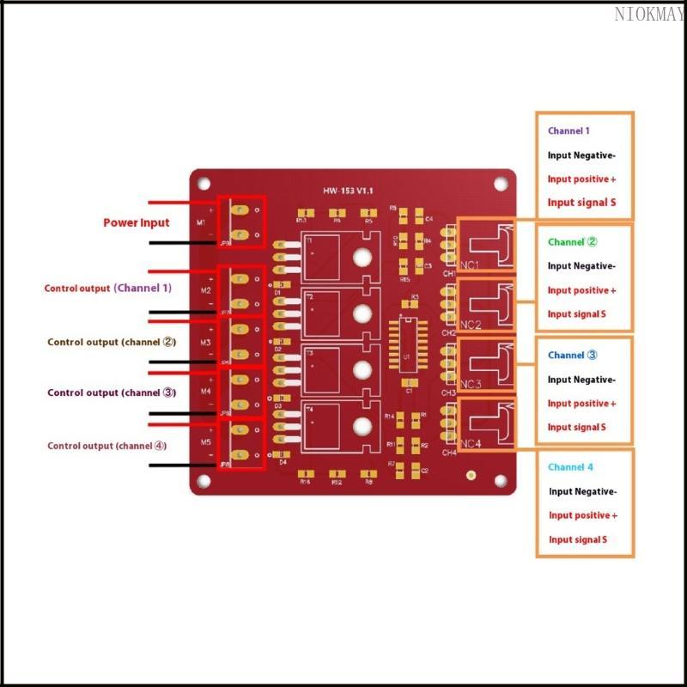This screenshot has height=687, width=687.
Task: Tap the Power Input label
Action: coord(137,222)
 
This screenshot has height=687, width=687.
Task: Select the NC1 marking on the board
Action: coord(470,264)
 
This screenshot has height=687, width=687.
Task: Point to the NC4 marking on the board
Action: coord(470,444)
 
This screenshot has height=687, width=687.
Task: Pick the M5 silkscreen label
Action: coord(206,442)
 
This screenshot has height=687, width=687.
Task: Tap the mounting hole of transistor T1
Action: coord(362,256)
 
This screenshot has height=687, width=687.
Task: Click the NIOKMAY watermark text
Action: coord(649,14)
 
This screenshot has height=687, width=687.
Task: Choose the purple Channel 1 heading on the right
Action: coord(568,131)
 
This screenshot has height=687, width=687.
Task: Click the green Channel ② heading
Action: coord(572,242)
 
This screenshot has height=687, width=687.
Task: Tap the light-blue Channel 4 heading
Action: coord(570,467)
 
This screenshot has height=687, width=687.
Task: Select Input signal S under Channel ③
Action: coord(577,427)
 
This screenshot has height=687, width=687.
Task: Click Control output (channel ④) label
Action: coord(107,446)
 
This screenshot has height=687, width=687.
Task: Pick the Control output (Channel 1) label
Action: coord(108,289)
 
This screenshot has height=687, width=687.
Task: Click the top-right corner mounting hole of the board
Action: coord(500,183)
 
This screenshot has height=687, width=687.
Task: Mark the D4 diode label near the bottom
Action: coord(283,462)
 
